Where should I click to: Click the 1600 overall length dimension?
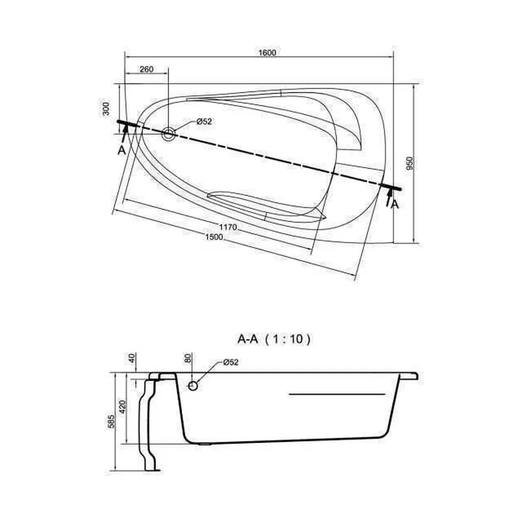[267, 53]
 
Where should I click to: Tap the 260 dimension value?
[147, 69]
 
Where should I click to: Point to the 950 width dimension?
[410, 163]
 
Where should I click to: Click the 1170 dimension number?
[228, 227]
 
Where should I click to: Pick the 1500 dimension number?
[214, 237]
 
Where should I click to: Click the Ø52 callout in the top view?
[204, 122]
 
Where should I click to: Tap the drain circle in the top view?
[169, 134]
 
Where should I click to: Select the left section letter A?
[122, 150]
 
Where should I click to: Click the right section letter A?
[395, 204]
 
